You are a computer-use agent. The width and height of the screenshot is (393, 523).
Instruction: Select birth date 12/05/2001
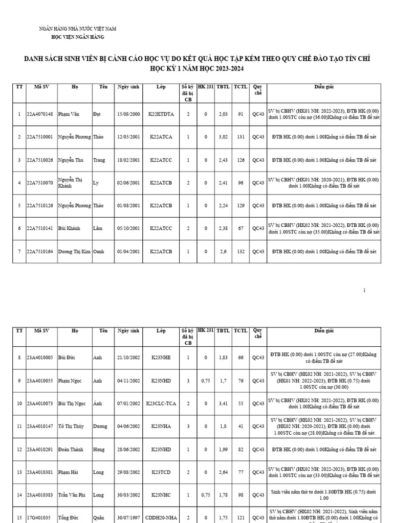(128, 137)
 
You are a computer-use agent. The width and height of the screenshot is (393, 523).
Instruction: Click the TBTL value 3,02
(223, 137)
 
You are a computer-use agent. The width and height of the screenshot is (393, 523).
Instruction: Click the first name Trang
(99, 160)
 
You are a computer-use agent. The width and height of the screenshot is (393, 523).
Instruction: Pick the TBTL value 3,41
(223, 403)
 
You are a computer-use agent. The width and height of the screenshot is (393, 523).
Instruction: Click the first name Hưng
(99, 449)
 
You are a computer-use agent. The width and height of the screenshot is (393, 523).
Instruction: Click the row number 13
(19, 472)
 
